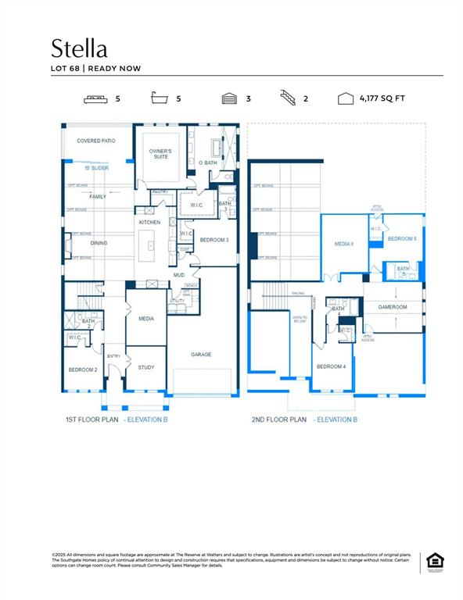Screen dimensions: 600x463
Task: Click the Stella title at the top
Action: [x=79, y=48]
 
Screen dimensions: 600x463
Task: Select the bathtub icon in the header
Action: [x=160, y=99]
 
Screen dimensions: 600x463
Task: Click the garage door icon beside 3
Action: [x=229, y=99]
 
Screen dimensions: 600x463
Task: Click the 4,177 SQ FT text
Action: [x=382, y=99]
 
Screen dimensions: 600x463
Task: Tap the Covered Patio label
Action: [x=96, y=141]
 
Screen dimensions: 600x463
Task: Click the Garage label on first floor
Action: [x=201, y=354]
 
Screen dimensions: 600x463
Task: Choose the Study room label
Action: [x=146, y=367]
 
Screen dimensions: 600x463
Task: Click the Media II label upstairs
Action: [x=345, y=244]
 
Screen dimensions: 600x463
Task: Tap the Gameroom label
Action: [x=393, y=307]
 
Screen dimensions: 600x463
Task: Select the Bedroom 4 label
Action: [x=331, y=366]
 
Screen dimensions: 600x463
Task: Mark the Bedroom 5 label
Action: [x=402, y=238]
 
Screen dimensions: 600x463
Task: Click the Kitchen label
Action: [x=149, y=223]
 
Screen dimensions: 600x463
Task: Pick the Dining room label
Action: [x=99, y=243]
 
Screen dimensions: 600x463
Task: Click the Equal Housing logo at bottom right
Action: [x=432, y=562]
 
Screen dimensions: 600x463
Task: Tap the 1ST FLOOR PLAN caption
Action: [x=92, y=420]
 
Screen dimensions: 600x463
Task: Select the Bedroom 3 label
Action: [x=214, y=240]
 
